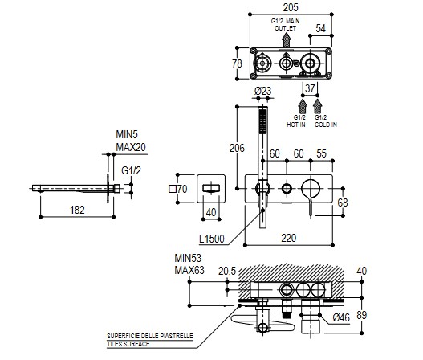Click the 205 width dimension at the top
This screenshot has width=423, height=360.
pos(291,7)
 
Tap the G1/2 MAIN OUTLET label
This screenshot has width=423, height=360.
pos(285,25)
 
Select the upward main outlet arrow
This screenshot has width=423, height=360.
pos(287,40)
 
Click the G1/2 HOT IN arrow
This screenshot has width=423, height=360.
pos(303,106)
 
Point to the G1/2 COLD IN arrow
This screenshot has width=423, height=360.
pos(318,106)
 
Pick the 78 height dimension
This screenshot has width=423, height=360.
pos(237,63)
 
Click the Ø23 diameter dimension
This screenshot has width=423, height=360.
pos(262,91)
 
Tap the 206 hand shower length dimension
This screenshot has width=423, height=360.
pos(237,148)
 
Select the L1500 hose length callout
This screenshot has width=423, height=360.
pos(212,239)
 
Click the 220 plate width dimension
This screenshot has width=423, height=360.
pos(289,238)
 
